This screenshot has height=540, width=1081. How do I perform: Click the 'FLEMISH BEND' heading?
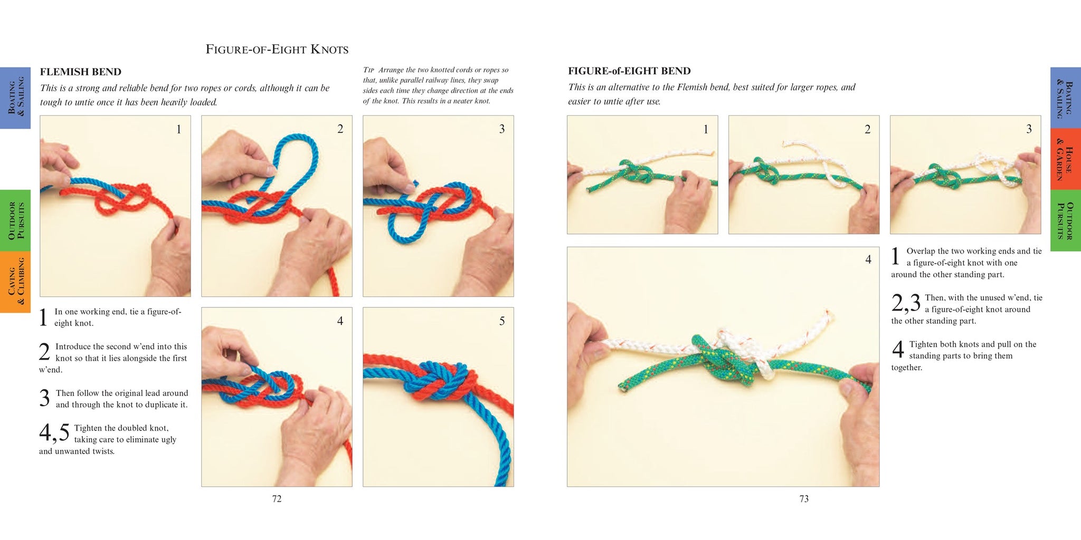tap(81, 72)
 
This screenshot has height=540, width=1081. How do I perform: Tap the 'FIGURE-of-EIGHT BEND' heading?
tap(629, 71)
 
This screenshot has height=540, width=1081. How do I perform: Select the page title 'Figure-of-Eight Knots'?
tap(277, 50)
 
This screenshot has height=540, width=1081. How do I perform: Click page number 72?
tap(277, 499)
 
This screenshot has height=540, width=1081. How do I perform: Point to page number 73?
tap(804, 499)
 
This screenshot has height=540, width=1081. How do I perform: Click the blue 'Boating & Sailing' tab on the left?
tap(15, 98)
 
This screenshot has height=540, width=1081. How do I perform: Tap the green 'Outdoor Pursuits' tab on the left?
tap(15, 220)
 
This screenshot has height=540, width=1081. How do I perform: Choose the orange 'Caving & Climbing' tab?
tap(15, 282)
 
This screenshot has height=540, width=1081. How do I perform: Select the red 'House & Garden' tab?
tap(1066, 159)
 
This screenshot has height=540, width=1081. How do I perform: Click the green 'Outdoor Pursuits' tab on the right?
tap(1066, 220)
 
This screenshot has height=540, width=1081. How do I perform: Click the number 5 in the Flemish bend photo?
tap(502, 321)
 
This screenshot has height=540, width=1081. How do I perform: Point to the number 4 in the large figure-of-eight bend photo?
tap(868, 259)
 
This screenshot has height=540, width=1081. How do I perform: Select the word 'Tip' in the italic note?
tap(368, 70)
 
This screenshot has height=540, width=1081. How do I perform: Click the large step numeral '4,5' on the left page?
tap(54, 433)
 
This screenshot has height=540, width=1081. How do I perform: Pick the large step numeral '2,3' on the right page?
tap(906, 303)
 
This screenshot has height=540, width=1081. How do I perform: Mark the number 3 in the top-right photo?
tap(1029, 129)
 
